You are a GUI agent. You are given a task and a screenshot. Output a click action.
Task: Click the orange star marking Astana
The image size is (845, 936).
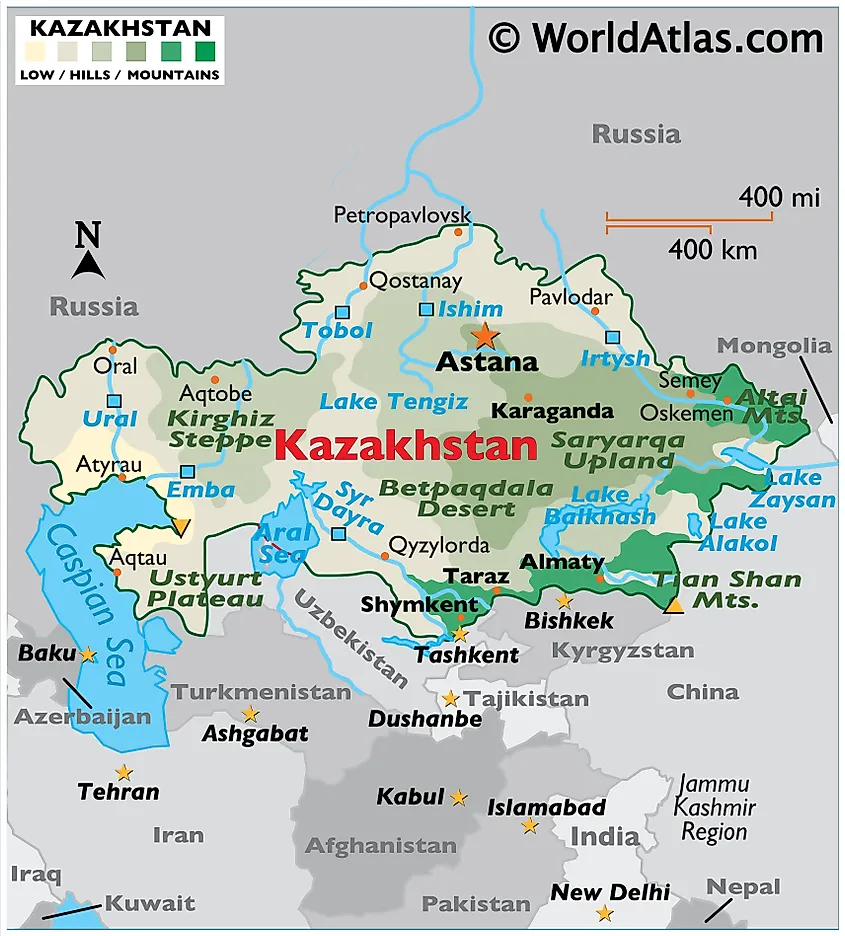485,335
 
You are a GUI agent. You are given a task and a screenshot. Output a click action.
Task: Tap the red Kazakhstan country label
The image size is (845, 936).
405,445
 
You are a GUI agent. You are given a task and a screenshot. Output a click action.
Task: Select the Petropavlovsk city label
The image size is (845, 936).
402,215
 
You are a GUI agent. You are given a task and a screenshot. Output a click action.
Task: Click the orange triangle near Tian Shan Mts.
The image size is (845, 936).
675,605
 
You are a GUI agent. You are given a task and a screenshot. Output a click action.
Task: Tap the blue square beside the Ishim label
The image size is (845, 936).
426,309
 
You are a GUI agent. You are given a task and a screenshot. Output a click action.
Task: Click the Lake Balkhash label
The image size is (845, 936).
600,506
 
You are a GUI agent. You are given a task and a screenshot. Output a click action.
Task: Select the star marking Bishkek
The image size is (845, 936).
564,601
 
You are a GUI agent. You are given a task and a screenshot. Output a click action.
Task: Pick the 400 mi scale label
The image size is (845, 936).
779,197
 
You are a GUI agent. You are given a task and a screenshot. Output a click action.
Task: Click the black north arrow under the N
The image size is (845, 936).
88,265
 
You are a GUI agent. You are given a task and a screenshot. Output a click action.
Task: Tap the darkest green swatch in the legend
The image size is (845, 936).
205,51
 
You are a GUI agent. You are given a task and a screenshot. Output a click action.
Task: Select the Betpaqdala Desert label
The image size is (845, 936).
466,498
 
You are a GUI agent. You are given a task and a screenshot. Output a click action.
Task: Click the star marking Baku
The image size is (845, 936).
88,655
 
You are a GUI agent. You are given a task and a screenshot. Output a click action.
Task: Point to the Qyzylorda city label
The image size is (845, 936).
440,546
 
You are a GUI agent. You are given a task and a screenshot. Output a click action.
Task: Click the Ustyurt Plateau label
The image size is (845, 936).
205,588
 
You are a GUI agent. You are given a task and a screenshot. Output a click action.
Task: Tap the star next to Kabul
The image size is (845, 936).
458,798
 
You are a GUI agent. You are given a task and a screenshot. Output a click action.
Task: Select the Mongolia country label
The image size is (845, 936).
774,346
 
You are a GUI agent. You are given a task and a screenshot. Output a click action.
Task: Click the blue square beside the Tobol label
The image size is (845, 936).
342,312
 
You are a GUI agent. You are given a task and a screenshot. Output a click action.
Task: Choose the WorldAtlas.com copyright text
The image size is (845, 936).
655,38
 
